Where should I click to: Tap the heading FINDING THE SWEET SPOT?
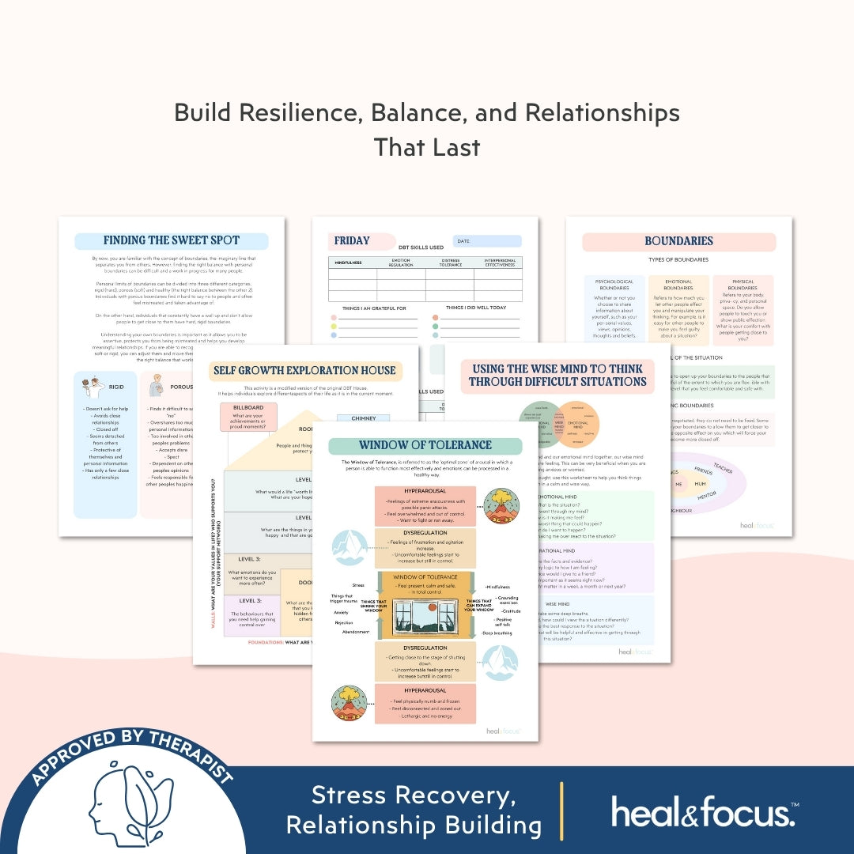click(x=171, y=240)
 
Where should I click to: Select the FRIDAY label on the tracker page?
click(x=352, y=240)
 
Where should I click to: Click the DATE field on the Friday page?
click(x=486, y=241)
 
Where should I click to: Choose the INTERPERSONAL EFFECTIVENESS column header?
click(x=500, y=263)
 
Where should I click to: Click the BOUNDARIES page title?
click(x=678, y=240)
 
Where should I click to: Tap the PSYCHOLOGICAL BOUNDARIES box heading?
click(x=614, y=285)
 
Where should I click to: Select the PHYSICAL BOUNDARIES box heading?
click(x=743, y=285)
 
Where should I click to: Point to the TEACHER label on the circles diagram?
click(x=722, y=468)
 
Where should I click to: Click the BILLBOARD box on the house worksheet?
click(x=248, y=407)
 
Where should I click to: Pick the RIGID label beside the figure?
click(x=116, y=387)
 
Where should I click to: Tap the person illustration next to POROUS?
click(x=156, y=386)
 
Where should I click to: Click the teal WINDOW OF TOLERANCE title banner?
click(x=425, y=445)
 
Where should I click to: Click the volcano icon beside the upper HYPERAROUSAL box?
click(x=502, y=506)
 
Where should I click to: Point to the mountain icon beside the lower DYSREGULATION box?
click(x=501, y=663)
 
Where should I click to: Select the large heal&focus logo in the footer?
click(x=703, y=811)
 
